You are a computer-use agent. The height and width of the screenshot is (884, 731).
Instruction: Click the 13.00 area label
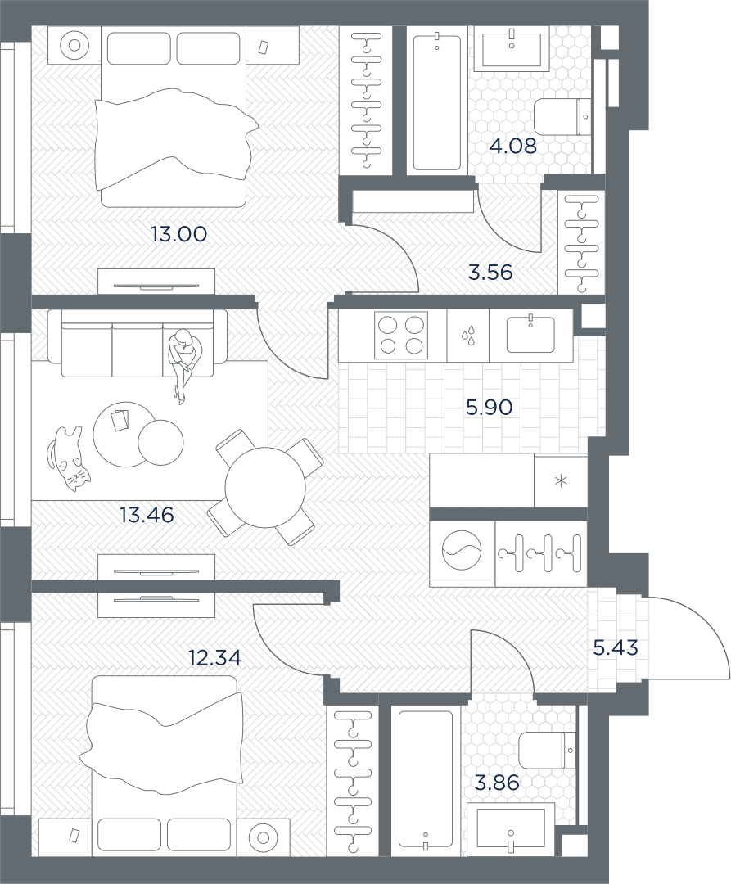(178, 234)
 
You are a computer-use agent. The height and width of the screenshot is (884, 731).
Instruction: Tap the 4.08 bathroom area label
(512, 147)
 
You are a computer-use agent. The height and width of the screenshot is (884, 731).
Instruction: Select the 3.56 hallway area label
(490, 273)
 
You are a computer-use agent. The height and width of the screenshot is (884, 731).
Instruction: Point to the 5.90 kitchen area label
(489, 407)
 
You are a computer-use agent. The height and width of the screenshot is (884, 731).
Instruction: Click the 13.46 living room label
(147, 515)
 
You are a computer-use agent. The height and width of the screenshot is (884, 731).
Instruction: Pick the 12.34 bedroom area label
(214, 657)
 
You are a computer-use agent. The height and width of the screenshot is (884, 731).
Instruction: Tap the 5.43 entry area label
(616, 647)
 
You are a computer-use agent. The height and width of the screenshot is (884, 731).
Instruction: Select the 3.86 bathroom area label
(497, 783)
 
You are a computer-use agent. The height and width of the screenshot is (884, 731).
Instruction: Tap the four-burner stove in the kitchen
(401, 334)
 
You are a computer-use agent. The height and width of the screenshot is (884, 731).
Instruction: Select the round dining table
(265, 487)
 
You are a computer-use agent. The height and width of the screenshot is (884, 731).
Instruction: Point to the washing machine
(463, 550)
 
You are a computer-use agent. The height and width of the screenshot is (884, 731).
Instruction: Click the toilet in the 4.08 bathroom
(562, 117)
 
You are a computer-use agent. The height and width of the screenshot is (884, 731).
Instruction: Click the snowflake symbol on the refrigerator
(561, 481)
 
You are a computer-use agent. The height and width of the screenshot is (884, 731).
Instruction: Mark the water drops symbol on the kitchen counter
(467, 336)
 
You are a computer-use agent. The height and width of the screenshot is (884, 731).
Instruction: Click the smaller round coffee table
(160, 443)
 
